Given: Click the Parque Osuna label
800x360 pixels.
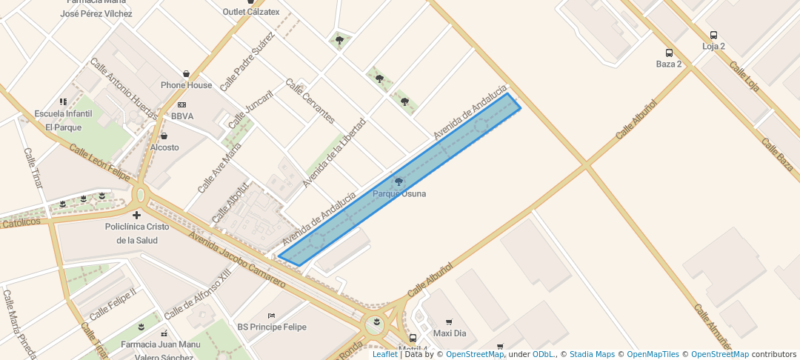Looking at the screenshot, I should pyautogui.click(x=399, y=194).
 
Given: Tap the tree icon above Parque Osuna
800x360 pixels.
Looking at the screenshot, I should pyautogui.click(x=399, y=181).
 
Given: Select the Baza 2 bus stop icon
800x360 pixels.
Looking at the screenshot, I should pyautogui.click(x=669, y=53).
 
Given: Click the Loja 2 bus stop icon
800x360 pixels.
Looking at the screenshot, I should pyautogui.click(x=713, y=35).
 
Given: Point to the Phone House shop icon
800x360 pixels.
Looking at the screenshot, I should pyautogui.click(x=186, y=74).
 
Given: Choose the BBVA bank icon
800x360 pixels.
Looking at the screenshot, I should pyautogui.click(x=181, y=105).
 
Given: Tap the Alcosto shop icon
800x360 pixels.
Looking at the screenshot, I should pyautogui.click(x=164, y=136).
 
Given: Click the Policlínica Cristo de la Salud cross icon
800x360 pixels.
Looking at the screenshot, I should pyautogui.click(x=137, y=215).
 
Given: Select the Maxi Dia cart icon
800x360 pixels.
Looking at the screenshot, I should pyautogui.click(x=449, y=322).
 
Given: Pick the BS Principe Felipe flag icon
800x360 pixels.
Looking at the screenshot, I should pyautogui.click(x=271, y=316).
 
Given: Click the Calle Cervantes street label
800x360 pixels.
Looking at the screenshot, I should pyautogui.click(x=310, y=101).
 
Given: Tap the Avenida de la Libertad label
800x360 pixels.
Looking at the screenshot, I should pyautogui.click(x=334, y=152).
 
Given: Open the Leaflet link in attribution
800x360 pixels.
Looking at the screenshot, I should pyautogui.click(x=384, y=354).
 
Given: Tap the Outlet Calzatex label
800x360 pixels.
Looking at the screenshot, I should pyautogui.click(x=252, y=12).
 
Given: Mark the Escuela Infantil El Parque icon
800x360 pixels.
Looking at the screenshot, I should pyautogui.click(x=63, y=101).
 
